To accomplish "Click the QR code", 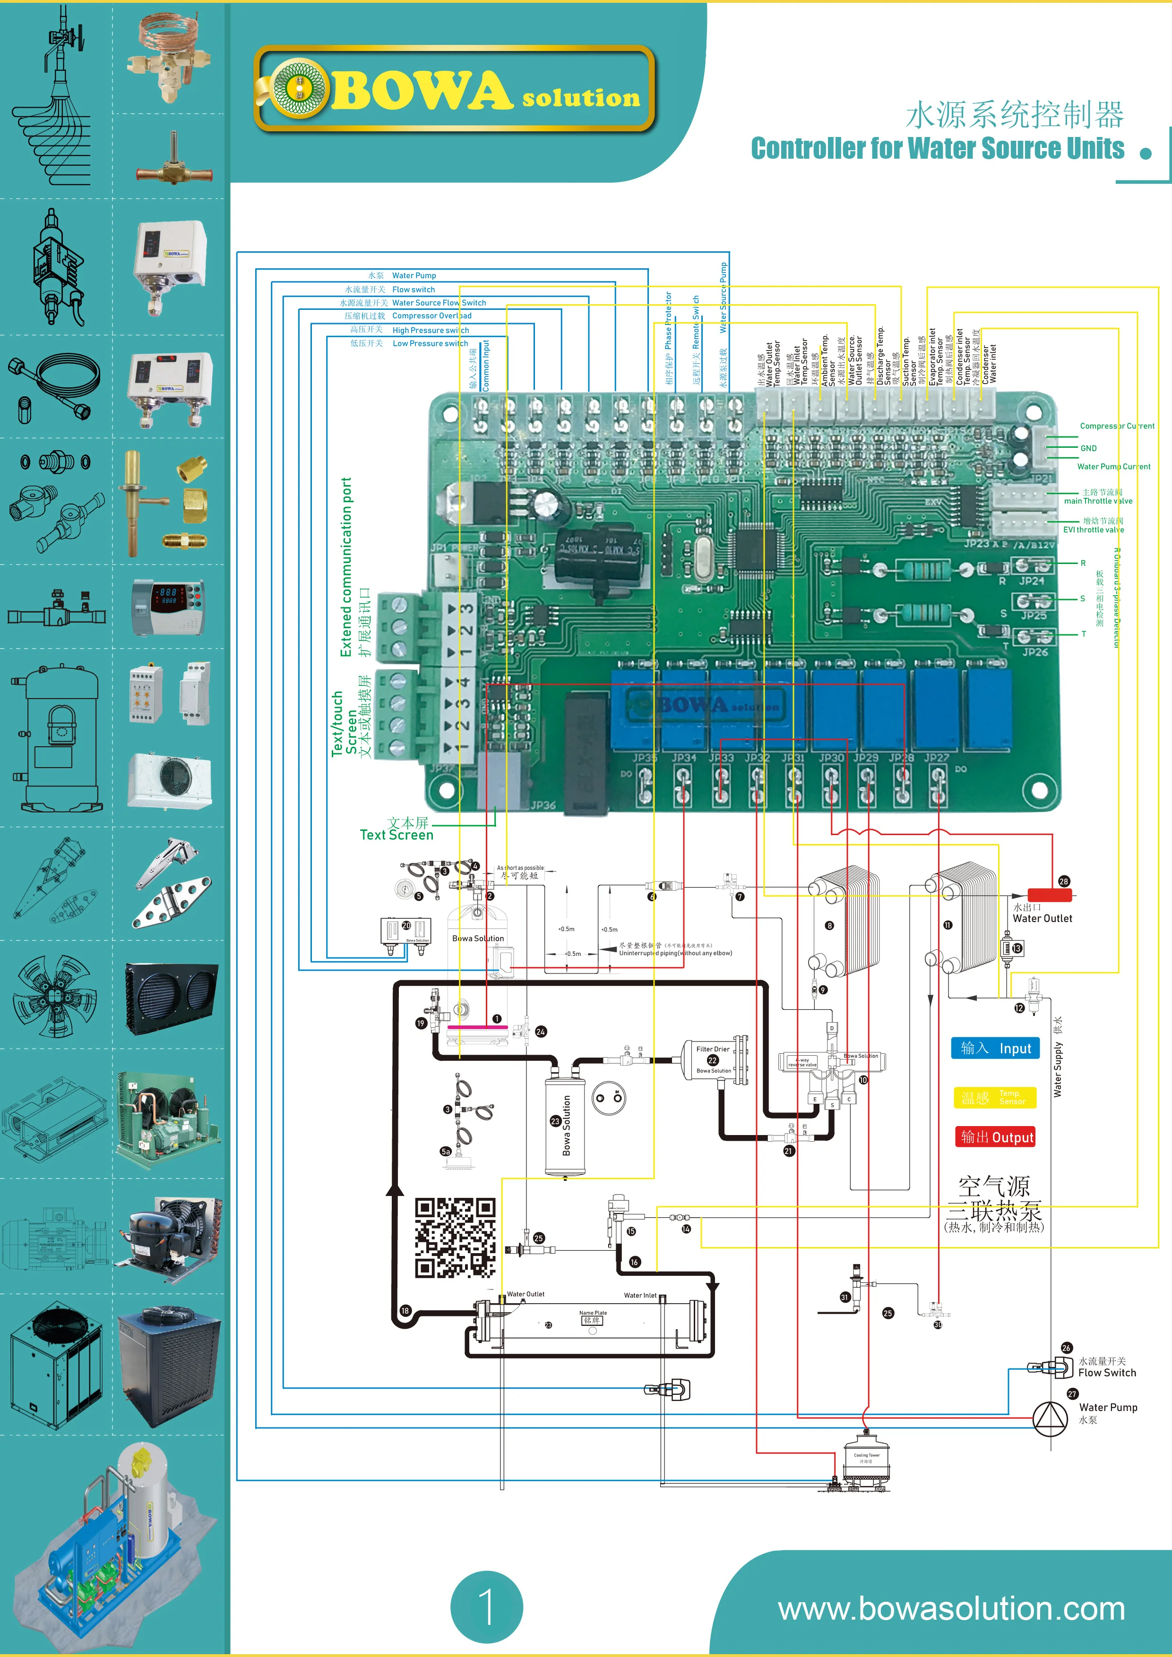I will [455, 1238].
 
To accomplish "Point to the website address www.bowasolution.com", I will [951, 1609].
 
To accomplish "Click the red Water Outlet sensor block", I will [1049, 895].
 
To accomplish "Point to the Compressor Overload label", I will [432, 316].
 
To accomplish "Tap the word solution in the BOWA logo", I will [581, 98].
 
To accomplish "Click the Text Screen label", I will [396, 835].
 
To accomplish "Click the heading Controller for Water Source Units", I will [937, 149].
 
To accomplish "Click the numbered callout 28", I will [1064, 881].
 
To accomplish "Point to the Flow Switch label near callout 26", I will [1107, 1373].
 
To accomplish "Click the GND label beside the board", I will [1088, 448].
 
